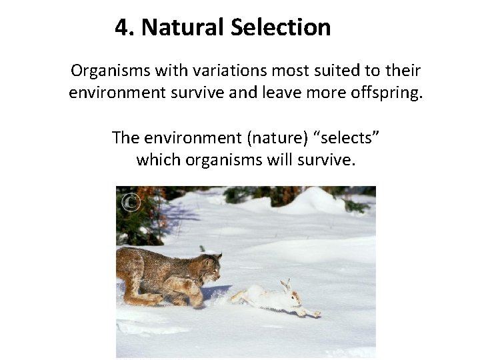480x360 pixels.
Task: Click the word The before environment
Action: coord(126,138)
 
